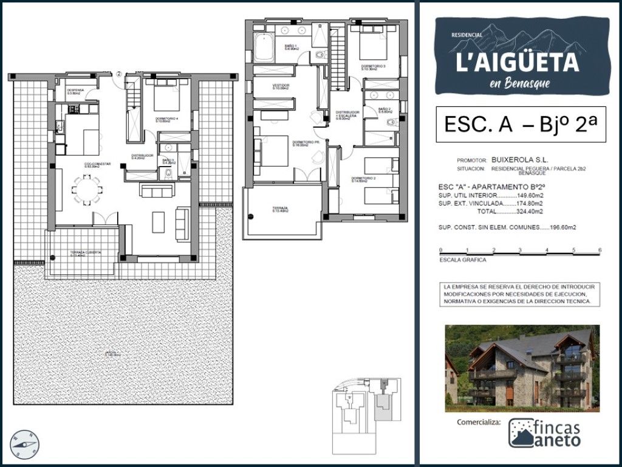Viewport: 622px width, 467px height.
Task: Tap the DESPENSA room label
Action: (x=75, y=91)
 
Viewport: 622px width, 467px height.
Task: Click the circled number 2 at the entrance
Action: (x=120, y=74)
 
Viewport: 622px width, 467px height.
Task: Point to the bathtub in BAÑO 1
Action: (x=264, y=49)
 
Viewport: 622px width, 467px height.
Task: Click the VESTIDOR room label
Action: (x=281, y=86)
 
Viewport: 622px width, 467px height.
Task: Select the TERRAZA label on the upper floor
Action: (x=281, y=209)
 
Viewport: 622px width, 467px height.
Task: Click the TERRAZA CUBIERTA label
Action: (x=85, y=252)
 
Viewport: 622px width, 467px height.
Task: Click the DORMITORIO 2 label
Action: (x=364, y=179)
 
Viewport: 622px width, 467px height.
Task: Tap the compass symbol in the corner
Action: (x=24, y=445)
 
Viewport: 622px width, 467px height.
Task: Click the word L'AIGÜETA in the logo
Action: (x=517, y=61)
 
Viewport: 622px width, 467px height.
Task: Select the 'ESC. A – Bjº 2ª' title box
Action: (x=521, y=125)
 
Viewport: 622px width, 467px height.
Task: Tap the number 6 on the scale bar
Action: (x=600, y=250)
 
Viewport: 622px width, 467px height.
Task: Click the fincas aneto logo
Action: (x=544, y=433)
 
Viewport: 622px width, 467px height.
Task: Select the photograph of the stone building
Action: (x=522, y=368)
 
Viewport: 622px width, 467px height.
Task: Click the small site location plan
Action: (x=366, y=404)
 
